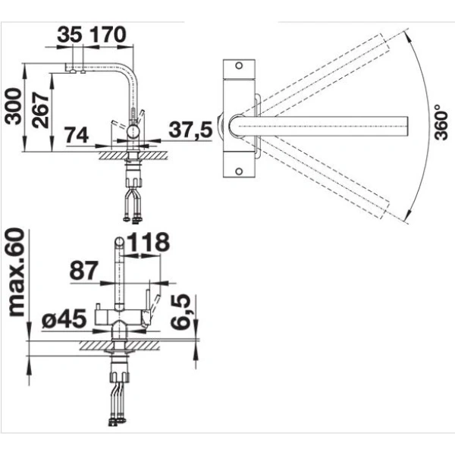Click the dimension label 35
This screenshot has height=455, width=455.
click(x=70, y=35)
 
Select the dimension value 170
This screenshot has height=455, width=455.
click(x=108, y=35)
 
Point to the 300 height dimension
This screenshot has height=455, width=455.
click(x=13, y=106)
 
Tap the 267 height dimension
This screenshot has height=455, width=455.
click(x=40, y=110)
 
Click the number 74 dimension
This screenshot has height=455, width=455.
click(x=77, y=135)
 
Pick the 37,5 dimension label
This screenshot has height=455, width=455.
click(x=190, y=130)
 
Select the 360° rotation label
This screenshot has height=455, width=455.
click(x=441, y=122)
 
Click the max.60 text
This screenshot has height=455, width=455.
click(x=16, y=272)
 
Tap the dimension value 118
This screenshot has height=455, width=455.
click(x=148, y=242)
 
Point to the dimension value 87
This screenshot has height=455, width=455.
click(x=83, y=271)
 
